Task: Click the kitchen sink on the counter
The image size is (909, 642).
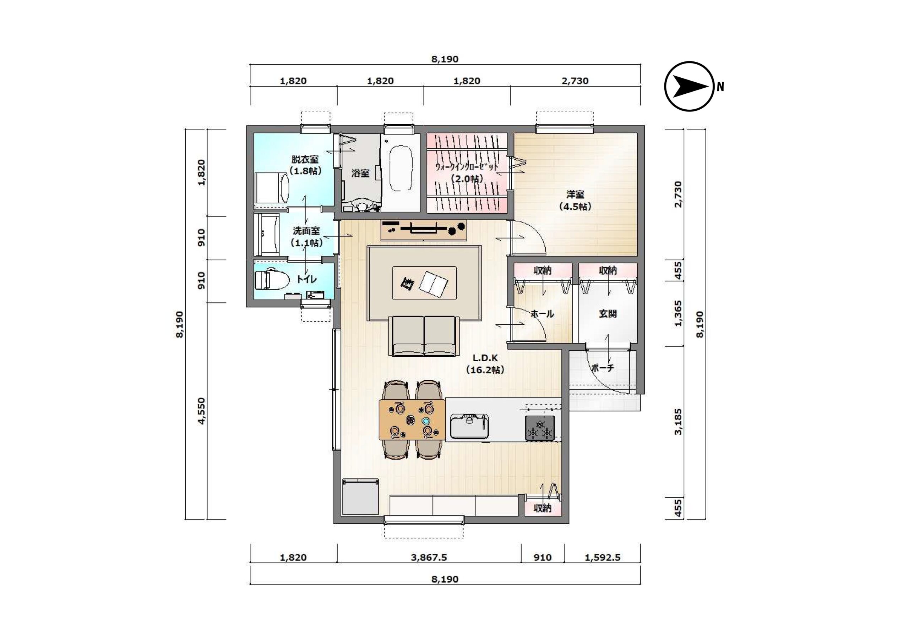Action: [x=469, y=426]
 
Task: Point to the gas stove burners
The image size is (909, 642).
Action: [x=540, y=428]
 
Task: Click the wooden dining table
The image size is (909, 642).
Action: [x=412, y=419]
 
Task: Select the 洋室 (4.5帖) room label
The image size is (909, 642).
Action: [x=575, y=200]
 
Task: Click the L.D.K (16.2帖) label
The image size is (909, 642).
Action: [x=485, y=364]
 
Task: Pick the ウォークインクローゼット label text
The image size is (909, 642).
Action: [x=467, y=167]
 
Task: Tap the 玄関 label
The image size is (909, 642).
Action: [x=607, y=313]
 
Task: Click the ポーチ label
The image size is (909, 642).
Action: [x=603, y=368]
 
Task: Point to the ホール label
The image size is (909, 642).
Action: [x=542, y=314]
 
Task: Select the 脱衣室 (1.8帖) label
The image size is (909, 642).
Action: [x=305, y=165]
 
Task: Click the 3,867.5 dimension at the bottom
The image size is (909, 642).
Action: [x=429, y=557]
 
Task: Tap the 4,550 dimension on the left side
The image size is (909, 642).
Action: [x=202, y=411]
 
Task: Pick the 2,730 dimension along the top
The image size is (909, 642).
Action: [x=575, y=81]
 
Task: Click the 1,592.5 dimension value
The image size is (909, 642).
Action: [x=602, y=557]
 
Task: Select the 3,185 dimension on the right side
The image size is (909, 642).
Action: [x=679, y=422]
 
